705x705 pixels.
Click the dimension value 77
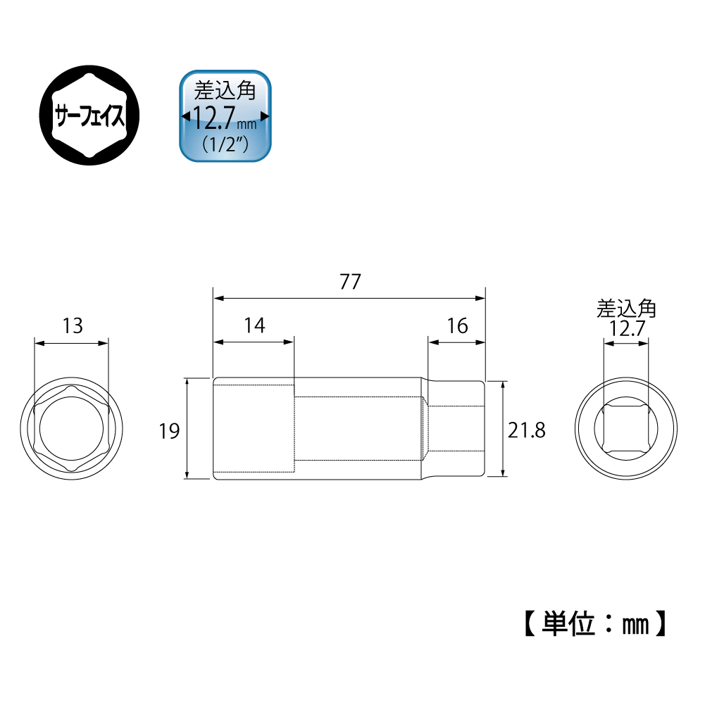[350, 282]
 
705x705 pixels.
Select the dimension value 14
[254, 325]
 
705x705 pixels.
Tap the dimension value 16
[457, 326]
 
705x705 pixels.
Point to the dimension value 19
[170, 431]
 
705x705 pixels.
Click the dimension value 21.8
[527, 430]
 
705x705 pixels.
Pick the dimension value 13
[73, 326]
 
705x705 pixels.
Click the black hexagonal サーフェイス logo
[89, 115]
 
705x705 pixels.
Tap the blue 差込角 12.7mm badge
[225, 116]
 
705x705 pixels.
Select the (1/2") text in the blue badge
[225, 144]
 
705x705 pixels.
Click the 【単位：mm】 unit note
[595, 623]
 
